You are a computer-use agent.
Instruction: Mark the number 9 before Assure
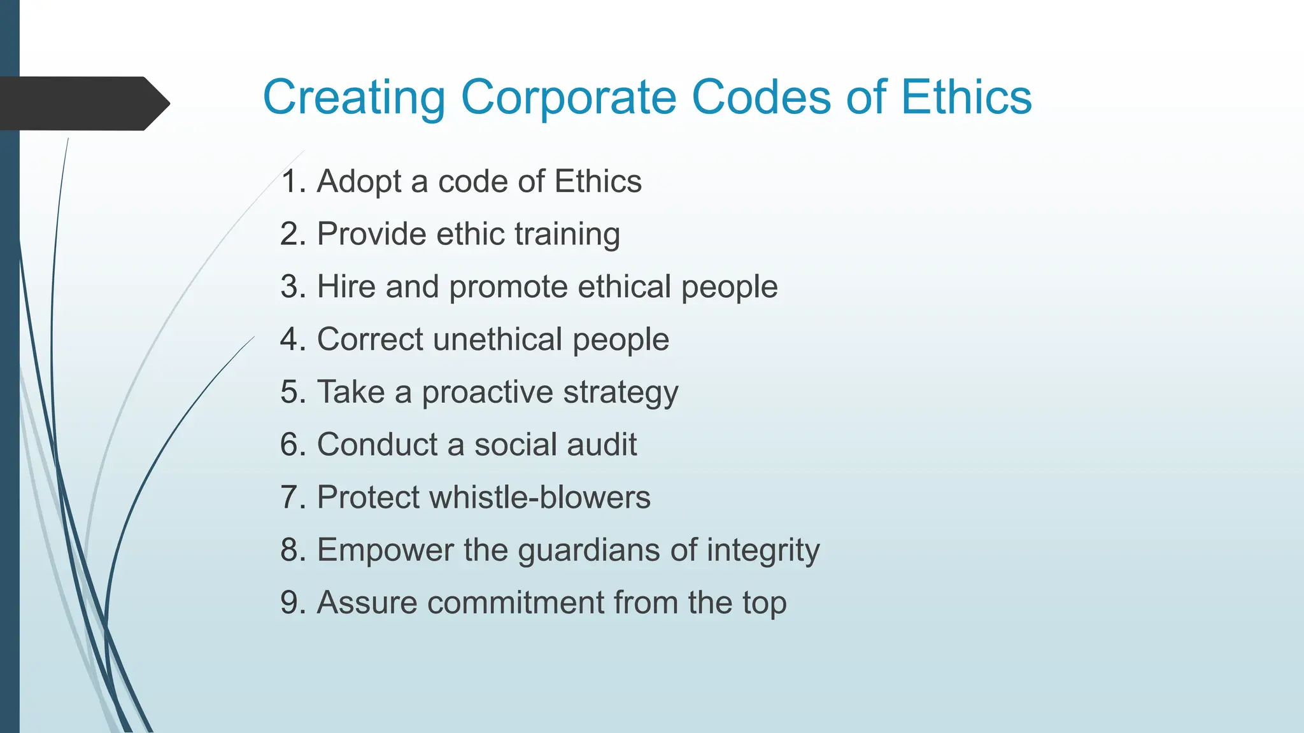tap(290, 603)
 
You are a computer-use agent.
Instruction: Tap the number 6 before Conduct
tap(290, 444)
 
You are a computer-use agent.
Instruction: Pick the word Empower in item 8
tap(385, 550)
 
